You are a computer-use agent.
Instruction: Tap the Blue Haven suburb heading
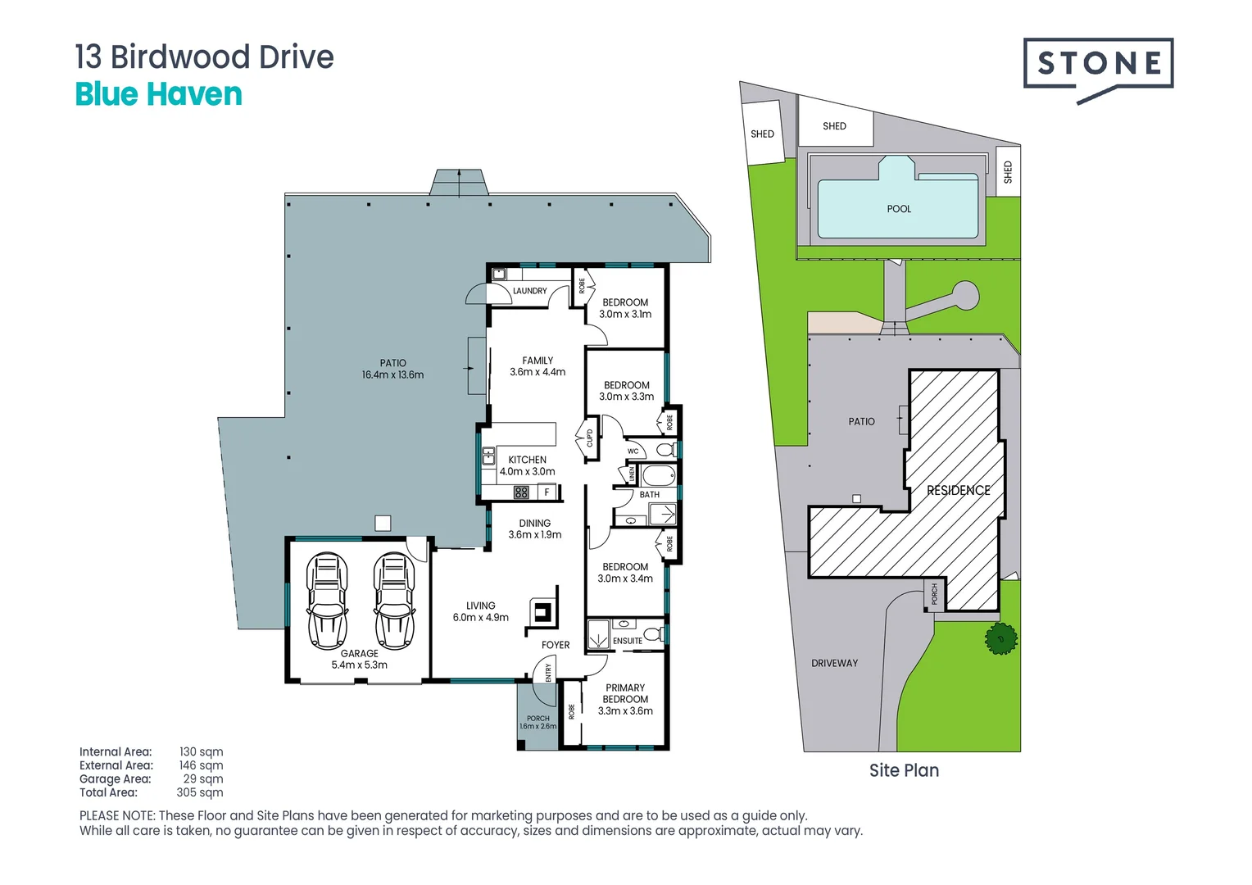(158, 94)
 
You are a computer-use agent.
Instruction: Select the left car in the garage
(327, 601)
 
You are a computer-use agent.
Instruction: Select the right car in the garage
(394, 601)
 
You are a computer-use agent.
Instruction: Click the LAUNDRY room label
(529, 291)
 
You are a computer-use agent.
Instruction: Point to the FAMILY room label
(538, 361)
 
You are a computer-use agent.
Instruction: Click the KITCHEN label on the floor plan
(527, 460)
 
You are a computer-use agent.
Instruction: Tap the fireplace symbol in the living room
(542, 610)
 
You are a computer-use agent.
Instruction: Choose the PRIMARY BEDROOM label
(625, 693)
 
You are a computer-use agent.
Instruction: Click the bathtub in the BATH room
(658, 475)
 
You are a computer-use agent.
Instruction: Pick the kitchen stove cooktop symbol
(521, 492)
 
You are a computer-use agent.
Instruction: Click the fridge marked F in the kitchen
(547, 492)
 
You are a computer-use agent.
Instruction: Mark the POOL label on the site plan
(899, 209)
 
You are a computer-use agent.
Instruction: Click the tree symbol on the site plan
(1000, 638)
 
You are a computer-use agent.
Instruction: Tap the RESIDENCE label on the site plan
(958, 490)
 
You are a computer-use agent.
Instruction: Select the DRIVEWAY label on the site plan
(834, 663)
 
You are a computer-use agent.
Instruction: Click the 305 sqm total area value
(200, 792)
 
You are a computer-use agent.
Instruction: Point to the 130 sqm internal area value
(201, 751)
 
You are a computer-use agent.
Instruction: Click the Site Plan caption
(904, 770)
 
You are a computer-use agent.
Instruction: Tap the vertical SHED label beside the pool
(1008, 172)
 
